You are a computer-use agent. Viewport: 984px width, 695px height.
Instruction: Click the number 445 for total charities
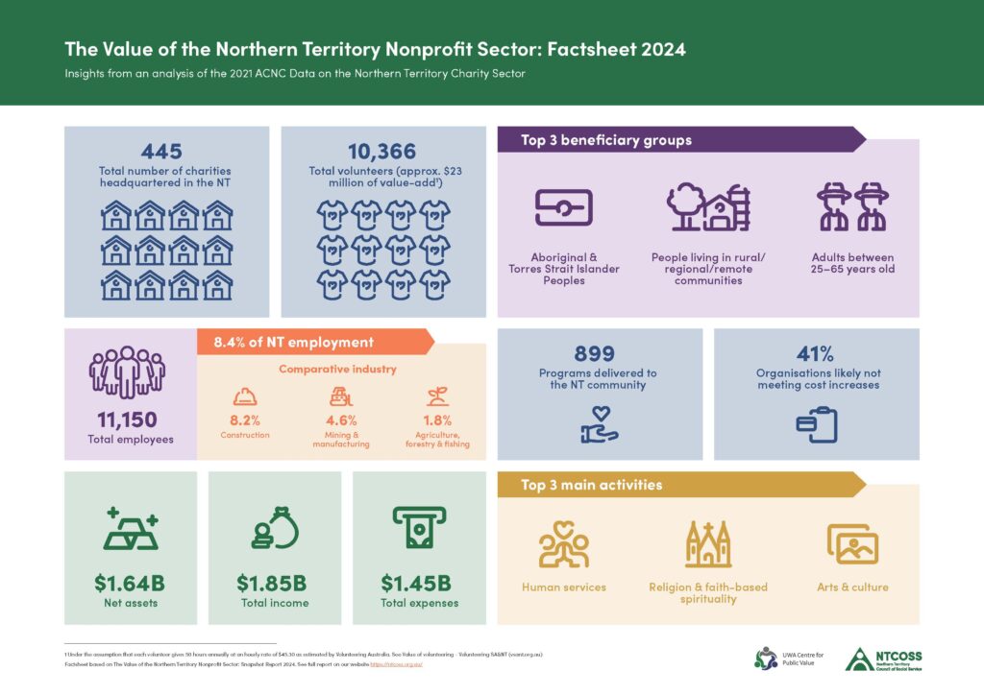161,151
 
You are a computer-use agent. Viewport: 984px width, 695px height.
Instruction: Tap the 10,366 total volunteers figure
382,151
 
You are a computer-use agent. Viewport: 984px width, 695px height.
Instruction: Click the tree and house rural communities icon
709,206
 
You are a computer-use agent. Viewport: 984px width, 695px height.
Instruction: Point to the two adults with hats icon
852,206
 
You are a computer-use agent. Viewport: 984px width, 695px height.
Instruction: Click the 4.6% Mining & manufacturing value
341,419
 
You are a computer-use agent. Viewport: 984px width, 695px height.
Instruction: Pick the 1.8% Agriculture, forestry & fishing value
437,419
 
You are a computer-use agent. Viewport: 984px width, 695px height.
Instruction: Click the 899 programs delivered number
594,353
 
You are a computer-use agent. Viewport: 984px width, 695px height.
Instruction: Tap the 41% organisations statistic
817,353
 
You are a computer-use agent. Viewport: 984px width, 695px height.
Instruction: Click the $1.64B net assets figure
131,582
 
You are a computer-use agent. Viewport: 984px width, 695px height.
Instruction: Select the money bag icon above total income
275,528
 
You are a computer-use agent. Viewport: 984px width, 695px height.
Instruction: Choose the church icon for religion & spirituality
708,544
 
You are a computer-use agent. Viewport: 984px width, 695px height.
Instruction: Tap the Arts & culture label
851,587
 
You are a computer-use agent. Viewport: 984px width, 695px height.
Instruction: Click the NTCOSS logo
883,659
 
